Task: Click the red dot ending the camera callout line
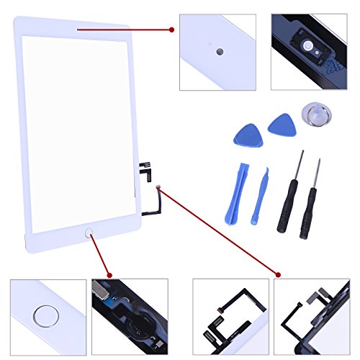(x=172, y=30)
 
